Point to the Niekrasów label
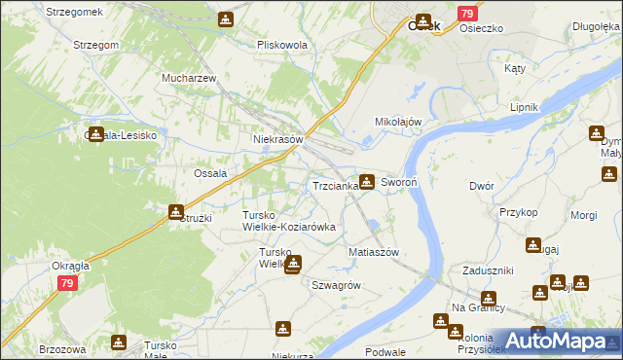pyautogui.click(x=278, y=139)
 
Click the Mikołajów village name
pyautogui.click(x=398, y=122)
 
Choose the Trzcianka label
pyautogui.click(x=334, y=185)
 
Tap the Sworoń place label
pyautogui.click(x=399, y=182)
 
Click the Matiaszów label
pyautogui.click(x=374, y=252)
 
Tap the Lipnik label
pyautogui.click(x=525, y=108)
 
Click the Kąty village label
pyautogui.click(x=514, y=69)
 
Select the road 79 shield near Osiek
pyautogui.click(x=466, y=14)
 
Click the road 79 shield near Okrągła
pyautogui.click(x=66, y=283)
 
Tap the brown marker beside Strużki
pyautogui.click(x=175, y=211)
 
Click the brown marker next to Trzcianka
pyautogui.click(x=366, y=180)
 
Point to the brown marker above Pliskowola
pyautogui.click(x=226, y=18)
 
